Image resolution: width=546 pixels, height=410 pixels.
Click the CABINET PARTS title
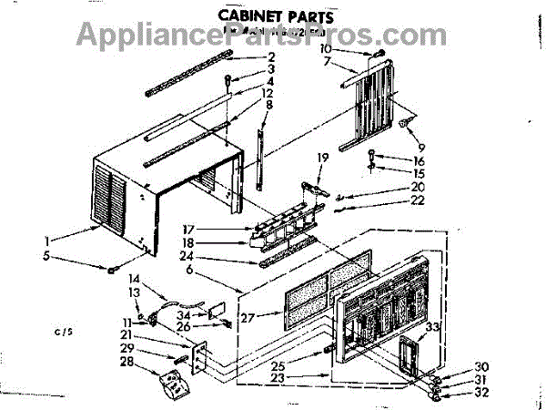coord(273,15)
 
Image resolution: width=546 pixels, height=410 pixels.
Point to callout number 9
coord(420,148)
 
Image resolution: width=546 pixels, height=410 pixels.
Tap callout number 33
coord(433,325)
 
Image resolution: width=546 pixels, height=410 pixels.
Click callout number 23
coord(302,376)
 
